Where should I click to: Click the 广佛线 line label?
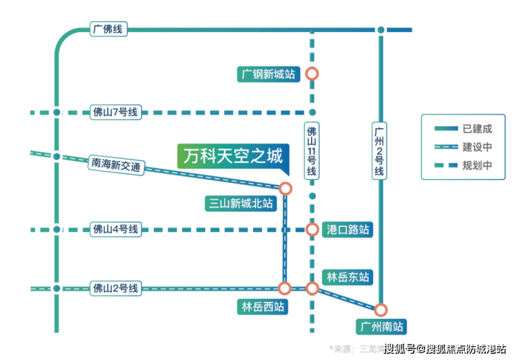pos(107,29)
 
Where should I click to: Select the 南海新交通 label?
pos(115,165)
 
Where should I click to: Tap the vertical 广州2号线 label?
pos(380,151)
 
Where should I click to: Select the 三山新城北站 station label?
pos(240,204)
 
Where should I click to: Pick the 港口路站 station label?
pos(348,230)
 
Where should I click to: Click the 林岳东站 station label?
pos(347,276)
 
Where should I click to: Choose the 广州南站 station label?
pos(380,326)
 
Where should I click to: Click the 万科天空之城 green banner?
pos(232,155)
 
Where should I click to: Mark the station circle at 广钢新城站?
pos(312,74)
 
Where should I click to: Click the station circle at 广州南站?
pos(381,310)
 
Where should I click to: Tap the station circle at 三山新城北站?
pos(285,188)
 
